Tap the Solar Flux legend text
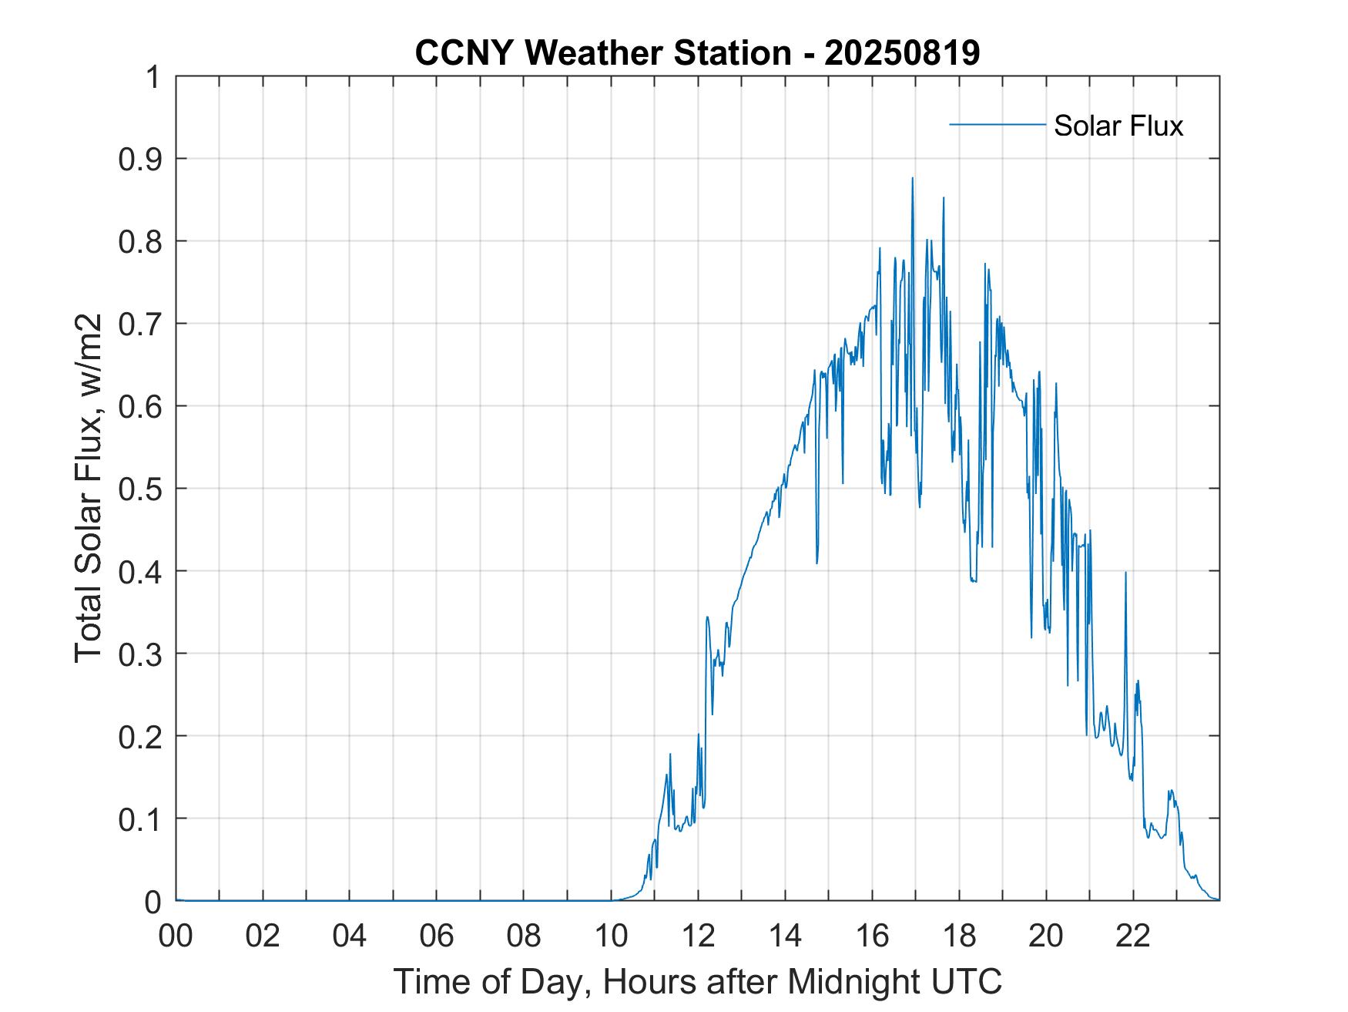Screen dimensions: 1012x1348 [x=1118, y=126]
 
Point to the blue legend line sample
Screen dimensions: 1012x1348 [x=997, y=124]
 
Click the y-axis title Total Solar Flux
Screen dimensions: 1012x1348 [x=89, y=489]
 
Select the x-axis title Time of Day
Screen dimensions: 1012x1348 [x=697, y=982]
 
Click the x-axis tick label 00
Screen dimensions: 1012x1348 [x=176, y=936]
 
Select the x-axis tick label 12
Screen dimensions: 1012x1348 [x=698, y=936]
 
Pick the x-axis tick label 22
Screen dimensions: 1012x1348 [x=1133, y=936]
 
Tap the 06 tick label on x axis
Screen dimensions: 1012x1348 [x=437, y=936]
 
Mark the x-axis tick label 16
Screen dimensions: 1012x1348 [x=872, y=936]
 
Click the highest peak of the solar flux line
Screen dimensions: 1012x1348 [x=912, y=178]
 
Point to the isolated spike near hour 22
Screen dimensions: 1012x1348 [x=1125, y=573]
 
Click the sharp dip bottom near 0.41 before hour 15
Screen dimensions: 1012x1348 [x=817, y=563]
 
